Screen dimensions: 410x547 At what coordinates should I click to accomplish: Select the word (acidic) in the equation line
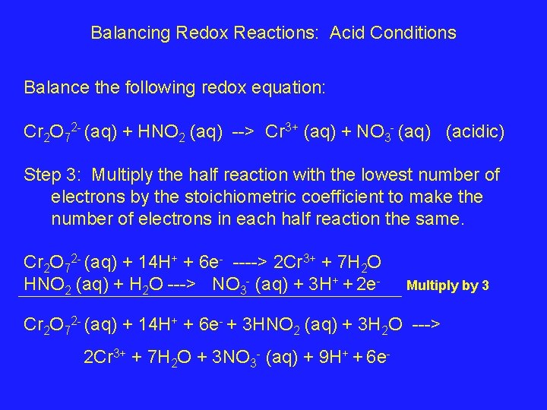coord(476,132)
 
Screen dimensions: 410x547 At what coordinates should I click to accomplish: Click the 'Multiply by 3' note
coord(448,286)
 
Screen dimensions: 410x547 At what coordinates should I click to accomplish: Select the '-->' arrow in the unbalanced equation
coord(242,132)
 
